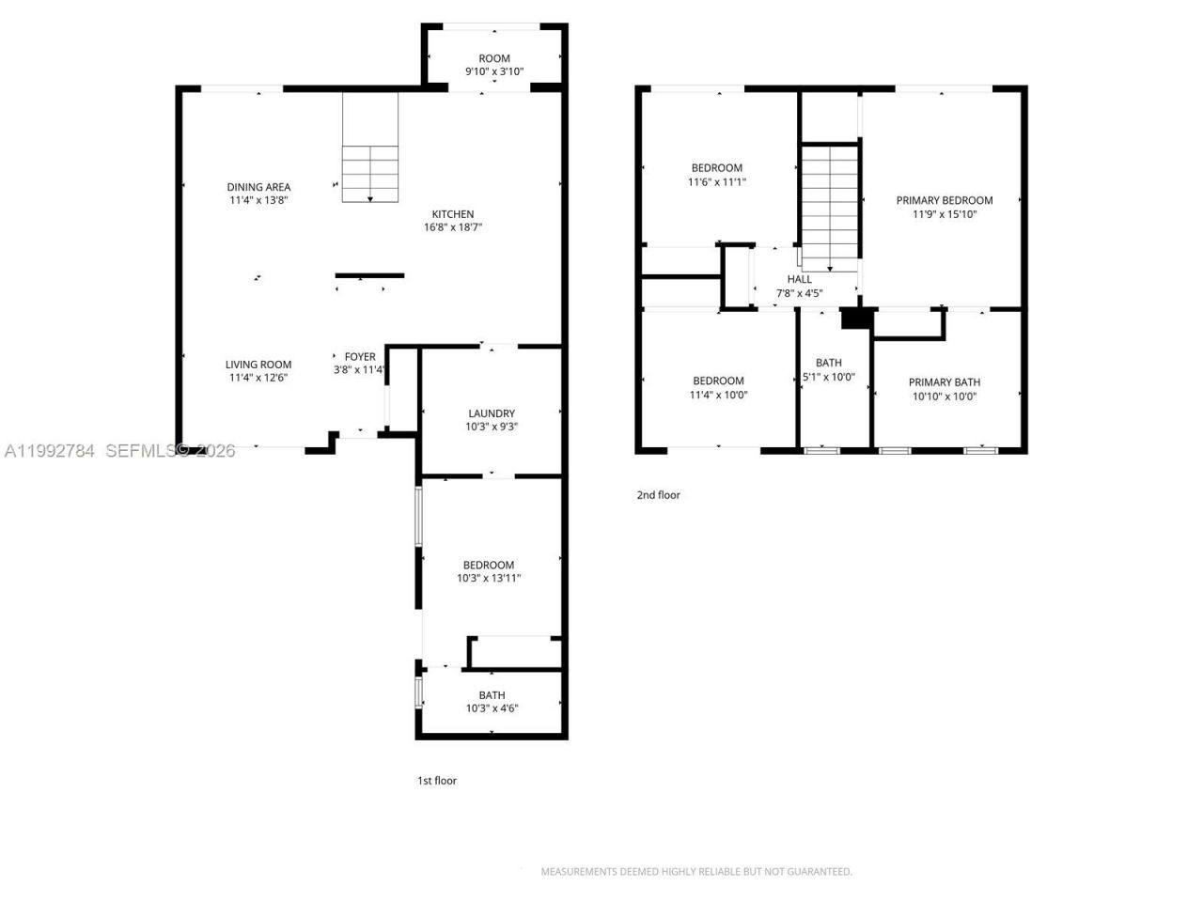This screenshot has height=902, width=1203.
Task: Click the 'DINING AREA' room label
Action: click(x=258, y=187)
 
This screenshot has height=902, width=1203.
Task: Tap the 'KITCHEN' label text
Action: click(x=453, y=214)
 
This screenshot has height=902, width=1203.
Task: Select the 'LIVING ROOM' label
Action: click(x=258, y=365)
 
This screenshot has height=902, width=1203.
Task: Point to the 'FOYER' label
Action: click(x=360, y=357)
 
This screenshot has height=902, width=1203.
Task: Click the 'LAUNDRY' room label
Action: click(x=492, y=413)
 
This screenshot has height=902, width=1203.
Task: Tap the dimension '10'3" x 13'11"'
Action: click(x=489, y=579)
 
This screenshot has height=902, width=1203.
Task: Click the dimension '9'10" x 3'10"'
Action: click(x=494, y=71)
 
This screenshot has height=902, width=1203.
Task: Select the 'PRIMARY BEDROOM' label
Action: click(x=945, y=200)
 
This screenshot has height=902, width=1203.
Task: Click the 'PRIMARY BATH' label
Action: click(x=945, y=382)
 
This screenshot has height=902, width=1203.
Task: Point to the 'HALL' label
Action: click(x=800, y=279)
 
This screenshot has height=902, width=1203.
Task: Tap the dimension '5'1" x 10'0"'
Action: click(x=829, y=377)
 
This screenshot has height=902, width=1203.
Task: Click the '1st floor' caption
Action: click(x=437, y=781)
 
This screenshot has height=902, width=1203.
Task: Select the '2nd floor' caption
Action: click(x=659, y=495)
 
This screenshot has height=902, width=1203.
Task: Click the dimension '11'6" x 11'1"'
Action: click(x=717, y=182)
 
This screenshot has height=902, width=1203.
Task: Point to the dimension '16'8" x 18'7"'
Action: click(x=453, y=227)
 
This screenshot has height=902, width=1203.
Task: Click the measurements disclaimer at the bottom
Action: click(x=696, y=872)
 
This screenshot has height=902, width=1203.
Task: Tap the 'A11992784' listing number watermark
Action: click(x=50, y=451)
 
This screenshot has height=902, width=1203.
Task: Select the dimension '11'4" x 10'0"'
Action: click(x=719, y=395)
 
